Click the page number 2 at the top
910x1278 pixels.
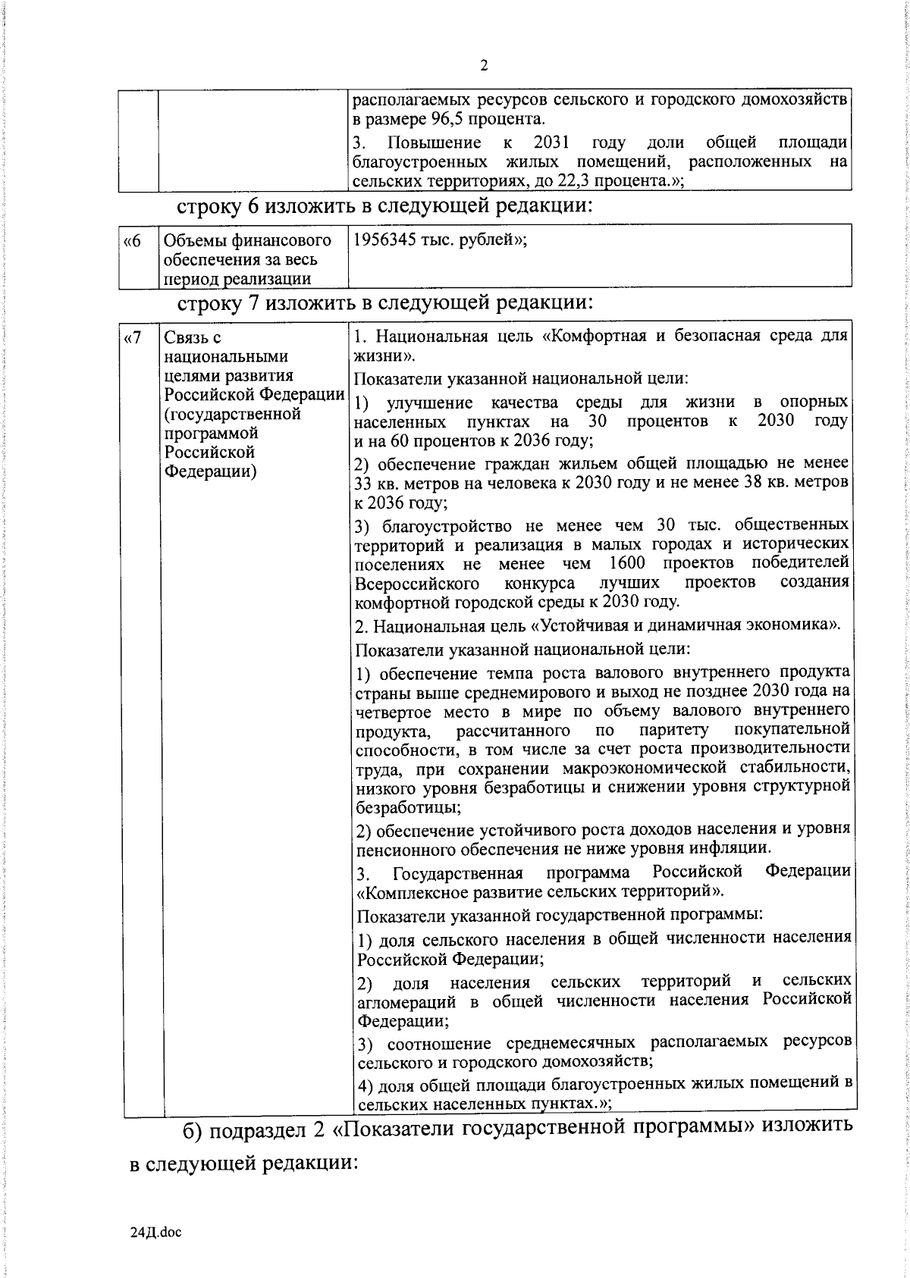(x=484, y=66)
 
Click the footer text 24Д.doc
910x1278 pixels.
(x=156, y=1233)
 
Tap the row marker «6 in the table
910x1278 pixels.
(x=132, y=241)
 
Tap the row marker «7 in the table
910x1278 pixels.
(x=132, y=337)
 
